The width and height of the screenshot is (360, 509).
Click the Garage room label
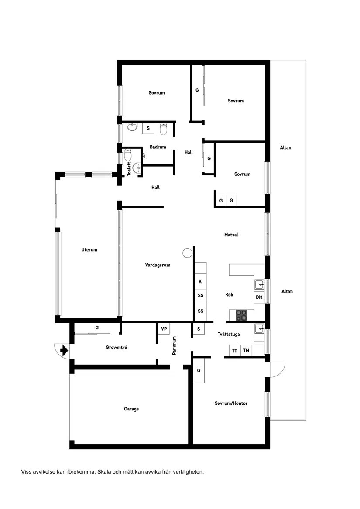[x=131, y=409]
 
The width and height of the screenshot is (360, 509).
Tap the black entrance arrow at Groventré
[x=64, y=350]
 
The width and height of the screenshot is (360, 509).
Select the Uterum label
[x=89, y=250]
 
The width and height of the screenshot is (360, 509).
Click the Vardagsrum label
[x=158, y=265]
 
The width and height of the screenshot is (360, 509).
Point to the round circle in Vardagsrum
[x=187, y=253]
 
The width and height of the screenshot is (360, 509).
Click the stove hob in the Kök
[x=241, y=315]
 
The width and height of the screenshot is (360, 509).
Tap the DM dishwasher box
[x=259, y=297]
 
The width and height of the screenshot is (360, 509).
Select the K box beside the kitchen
[x=200, y=281]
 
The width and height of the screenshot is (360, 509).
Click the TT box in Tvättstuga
[x=235, y=351]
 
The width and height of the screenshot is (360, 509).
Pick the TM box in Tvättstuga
[x=246, y=351]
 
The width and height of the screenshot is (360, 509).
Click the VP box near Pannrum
[x=164, y=328]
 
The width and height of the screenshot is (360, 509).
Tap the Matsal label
[x=231, y=235]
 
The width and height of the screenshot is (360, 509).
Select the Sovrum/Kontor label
[x=231, y=403]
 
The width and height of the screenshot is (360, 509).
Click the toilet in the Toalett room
[x=128, y=155]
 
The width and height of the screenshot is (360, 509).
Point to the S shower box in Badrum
[x=148, y=128]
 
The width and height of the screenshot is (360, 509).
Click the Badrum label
[x=158, y=147]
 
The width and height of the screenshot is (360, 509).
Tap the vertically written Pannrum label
[x=174, y=345]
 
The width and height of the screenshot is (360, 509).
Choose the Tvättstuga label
[x=229, y=335]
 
